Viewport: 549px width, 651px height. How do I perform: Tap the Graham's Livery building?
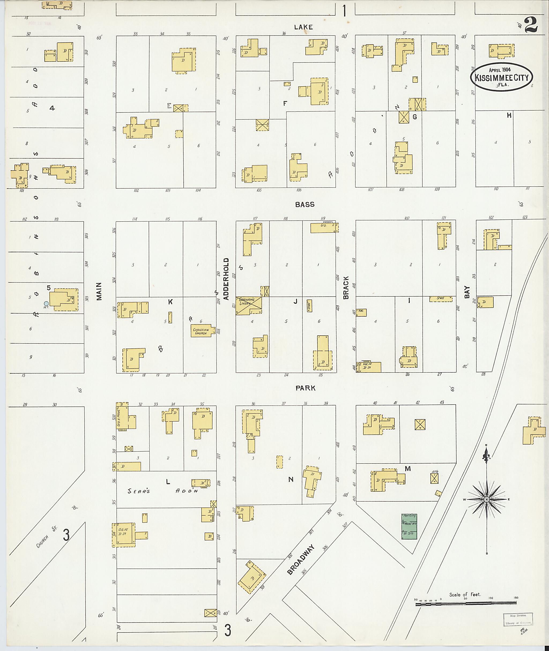[x=248, y=306]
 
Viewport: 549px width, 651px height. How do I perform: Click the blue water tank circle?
[x=46, y=303]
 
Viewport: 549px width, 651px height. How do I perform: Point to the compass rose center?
[x=486, y=500]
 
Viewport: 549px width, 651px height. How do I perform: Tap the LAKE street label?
[x=303, y=27]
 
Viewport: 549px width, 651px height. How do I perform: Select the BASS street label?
[x=305, y=204]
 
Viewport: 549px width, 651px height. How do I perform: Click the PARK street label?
[x=306, y=388]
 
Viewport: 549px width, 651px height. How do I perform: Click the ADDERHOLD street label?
[x=226, y=279]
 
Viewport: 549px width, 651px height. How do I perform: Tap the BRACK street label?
[x=346, y=288]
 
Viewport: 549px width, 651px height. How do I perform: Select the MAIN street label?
[x=99, y=291]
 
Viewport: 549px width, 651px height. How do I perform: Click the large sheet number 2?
[x=531, y=25]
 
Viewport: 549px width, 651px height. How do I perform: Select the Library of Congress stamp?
[x=517, y=619]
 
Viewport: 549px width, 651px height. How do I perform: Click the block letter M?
[x=408, y=469]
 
